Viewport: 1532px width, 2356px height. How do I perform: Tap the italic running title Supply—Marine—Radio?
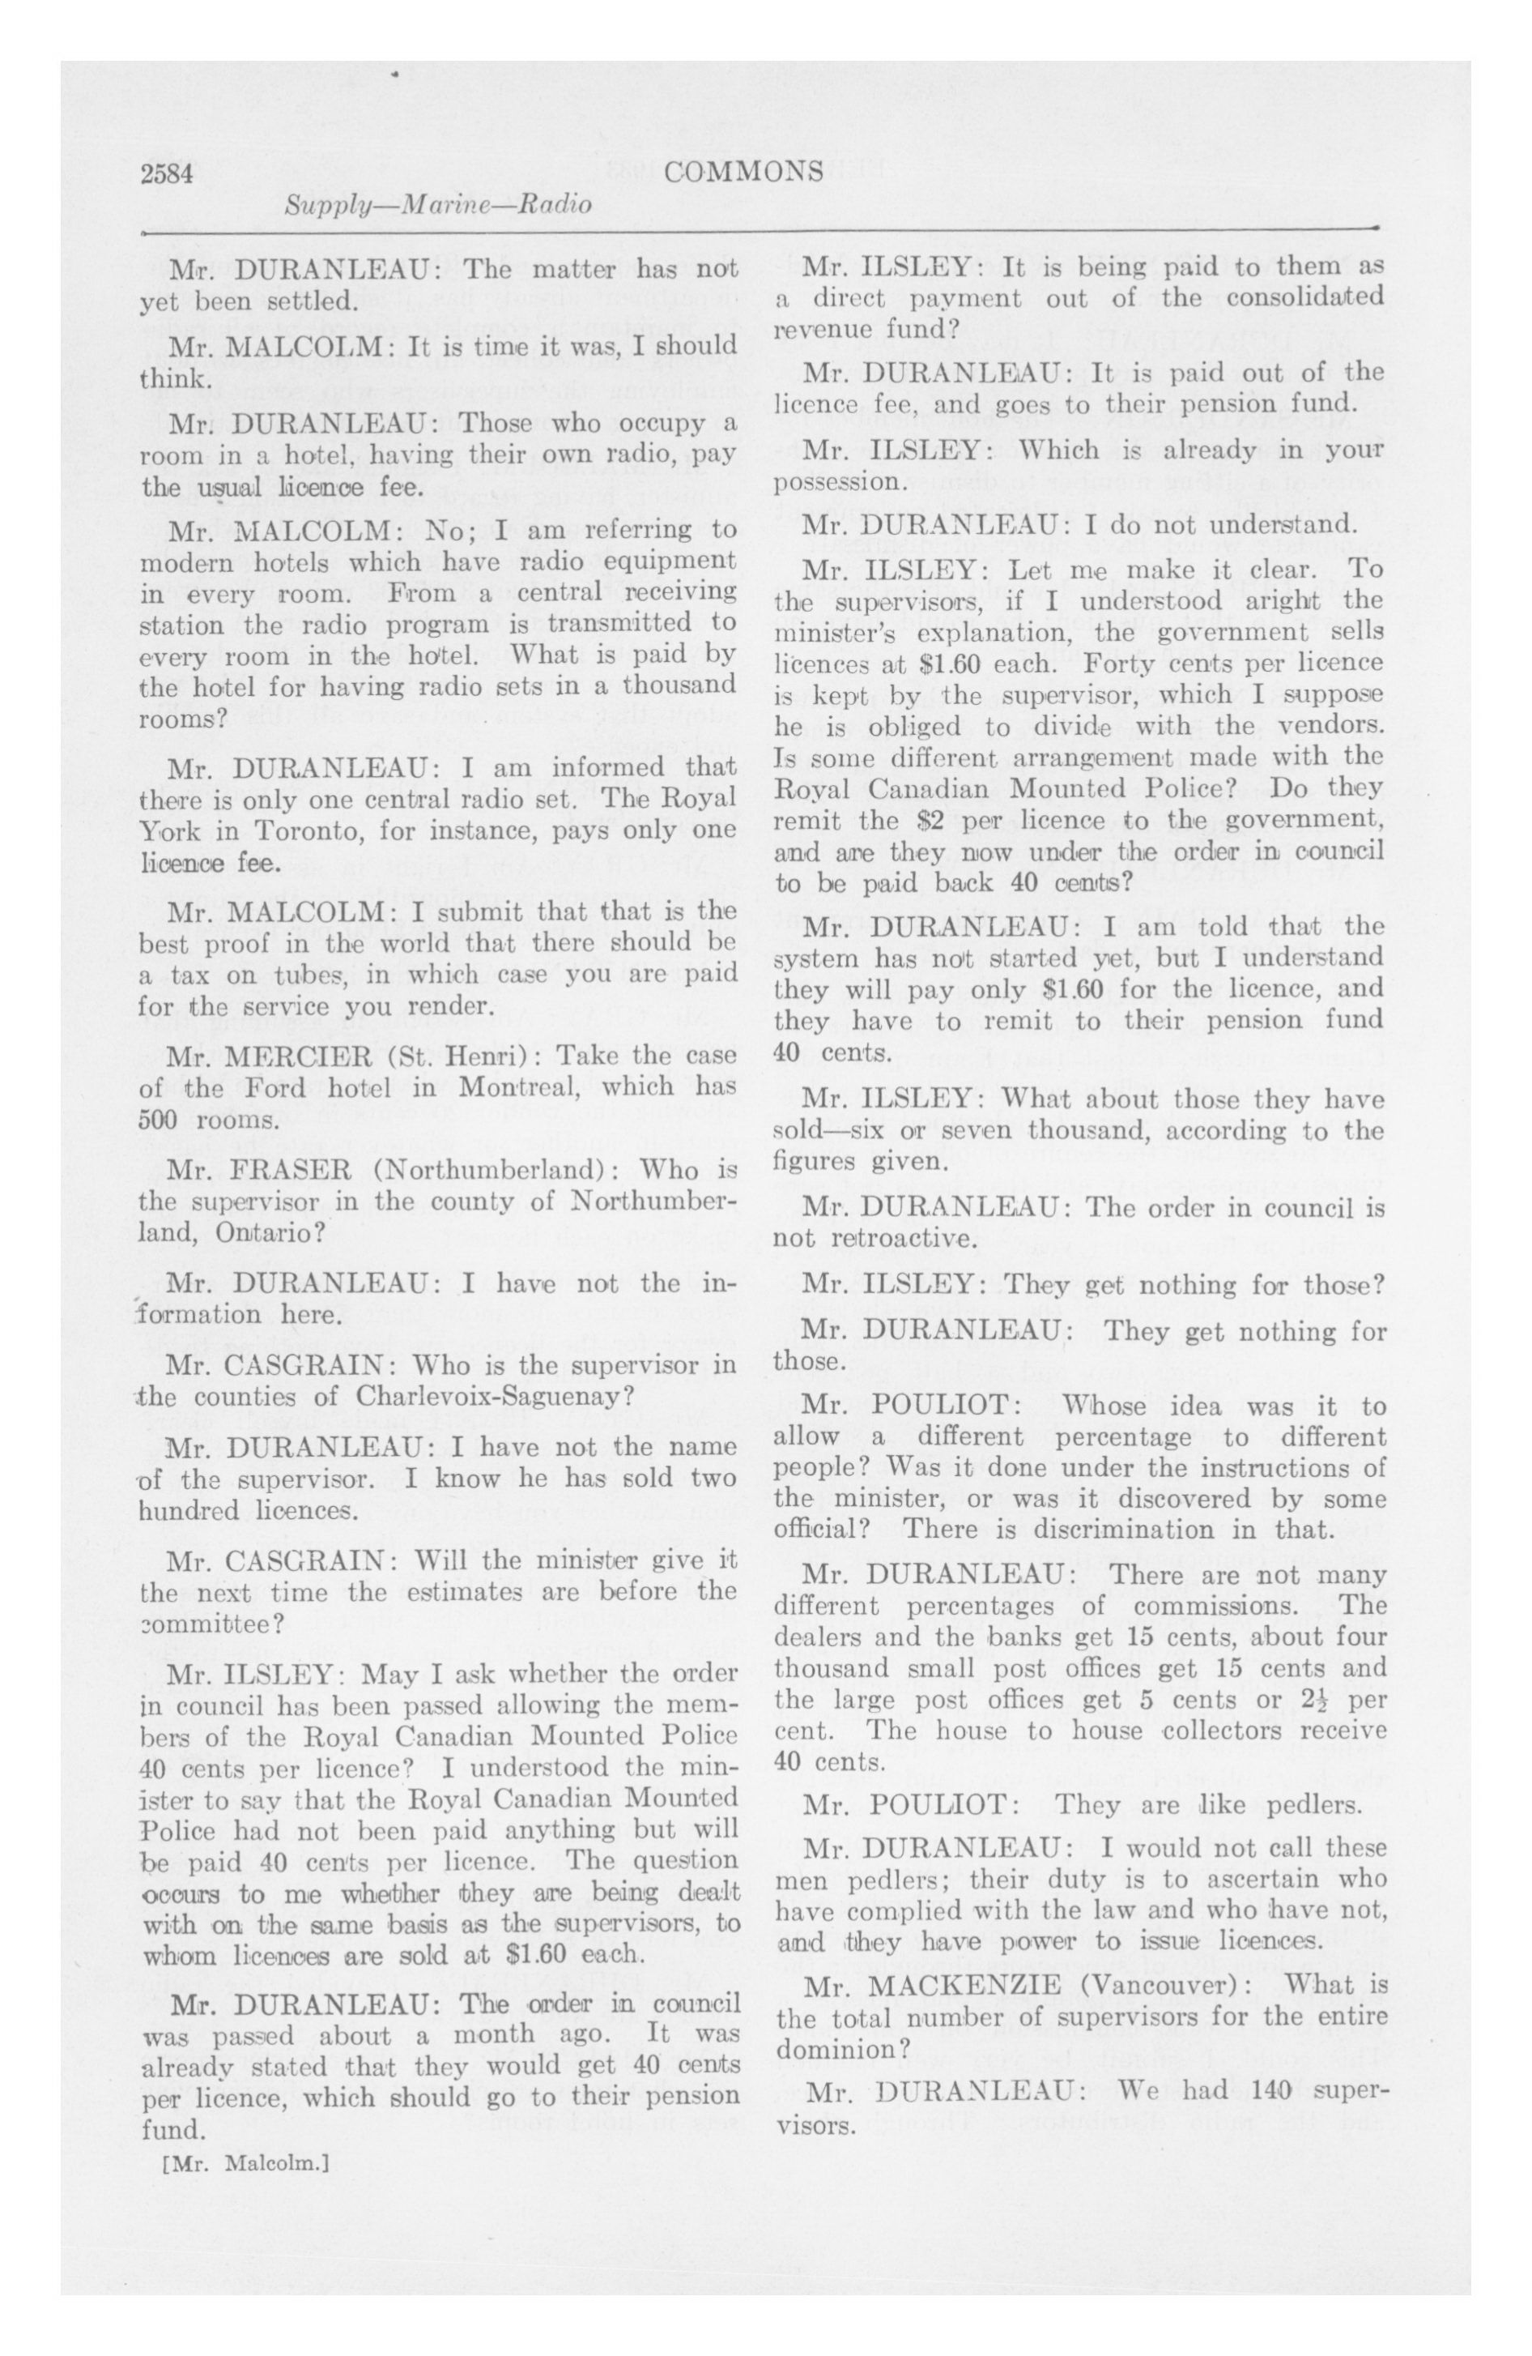pos(438,206)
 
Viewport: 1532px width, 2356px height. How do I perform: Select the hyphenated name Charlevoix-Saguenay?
pos(526,1397)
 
